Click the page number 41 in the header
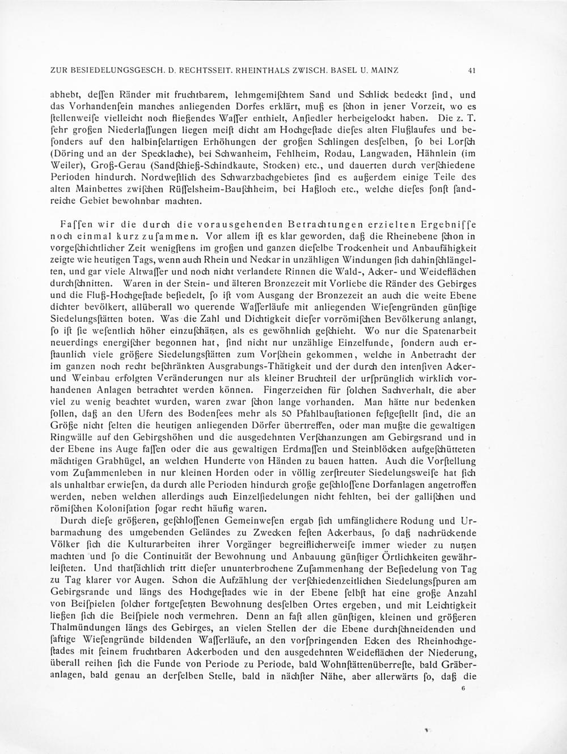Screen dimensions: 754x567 click(472, 71)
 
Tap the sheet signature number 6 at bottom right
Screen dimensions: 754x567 click(463, 689)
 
